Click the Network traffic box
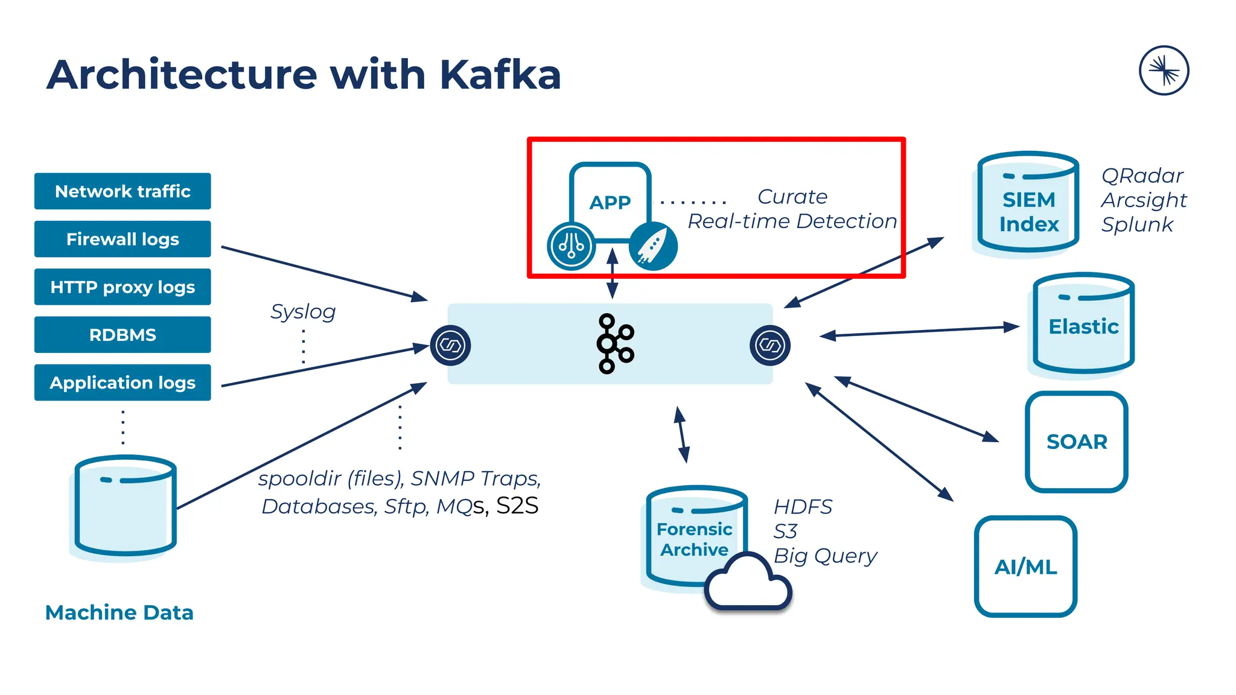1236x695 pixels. pos(123,191)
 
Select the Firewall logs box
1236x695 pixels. pos(123,239)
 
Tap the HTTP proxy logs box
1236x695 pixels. pos(123,287)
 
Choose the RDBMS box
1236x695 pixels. pos(123,335)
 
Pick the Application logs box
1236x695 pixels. pos(123,382)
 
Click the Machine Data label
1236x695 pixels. pos(119,612)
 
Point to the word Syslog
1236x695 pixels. pos(303,312)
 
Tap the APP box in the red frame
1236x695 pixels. pos(610,202)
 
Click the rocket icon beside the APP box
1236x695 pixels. pos(653,246)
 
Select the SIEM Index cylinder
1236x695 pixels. pos(1028,205)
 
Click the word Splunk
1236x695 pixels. pos(1137,224)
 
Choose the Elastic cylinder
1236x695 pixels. pos(1083,326)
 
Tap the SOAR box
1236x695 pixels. pos(1077,442)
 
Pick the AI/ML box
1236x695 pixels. pos(1025,566)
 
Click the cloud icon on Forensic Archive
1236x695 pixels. pos(748,583)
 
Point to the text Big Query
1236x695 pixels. pos(825,556)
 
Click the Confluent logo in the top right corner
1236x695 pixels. pos(1164,71)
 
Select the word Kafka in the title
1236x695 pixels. pos(500,75)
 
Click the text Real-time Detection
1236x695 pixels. pos(792,221)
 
